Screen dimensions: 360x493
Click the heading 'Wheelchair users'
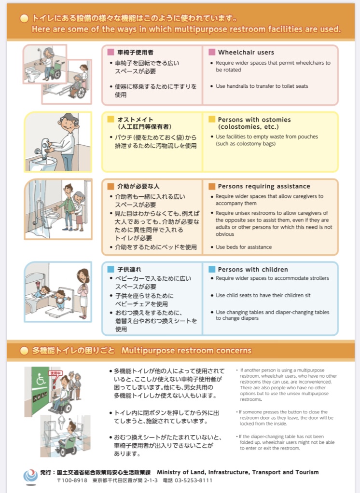click(x=246, y=52)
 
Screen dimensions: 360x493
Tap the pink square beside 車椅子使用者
click(x=111, y=52)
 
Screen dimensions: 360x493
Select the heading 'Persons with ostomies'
click(x=254, y=120)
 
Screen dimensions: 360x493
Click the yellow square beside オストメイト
click(x=111, y=119)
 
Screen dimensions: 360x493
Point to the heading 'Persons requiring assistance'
click(x=264, y=186)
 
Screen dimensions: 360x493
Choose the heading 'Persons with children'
click(x=253, y=270)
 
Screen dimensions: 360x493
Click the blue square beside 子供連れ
click(x=111, y=269)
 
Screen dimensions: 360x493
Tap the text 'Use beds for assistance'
click(x=243, y=247)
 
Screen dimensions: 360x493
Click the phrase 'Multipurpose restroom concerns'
click(x=186, y=351)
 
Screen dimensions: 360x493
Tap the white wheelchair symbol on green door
click(x=40, y=380)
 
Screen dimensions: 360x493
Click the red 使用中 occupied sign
click(x=55, y=373)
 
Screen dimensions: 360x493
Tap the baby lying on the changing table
click(x=41, y=292)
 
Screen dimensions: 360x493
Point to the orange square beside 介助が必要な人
click(x=111, y=186)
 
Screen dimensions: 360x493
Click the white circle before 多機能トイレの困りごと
click(x=24, y=351)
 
